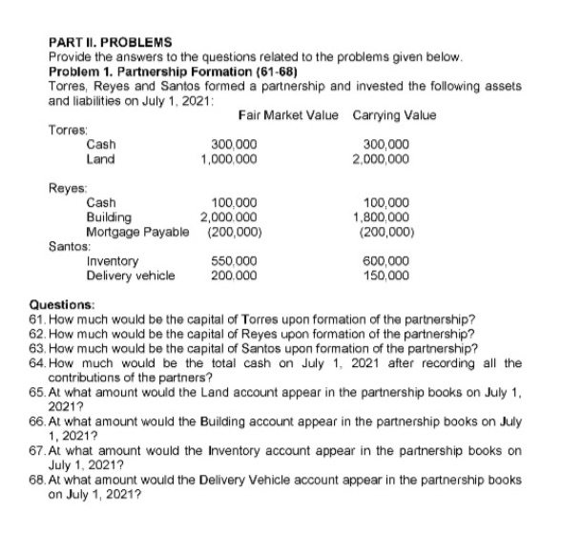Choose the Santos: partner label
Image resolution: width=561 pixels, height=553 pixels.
click(68, 245)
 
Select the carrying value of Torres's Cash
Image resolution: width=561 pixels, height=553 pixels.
click(385, 145)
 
